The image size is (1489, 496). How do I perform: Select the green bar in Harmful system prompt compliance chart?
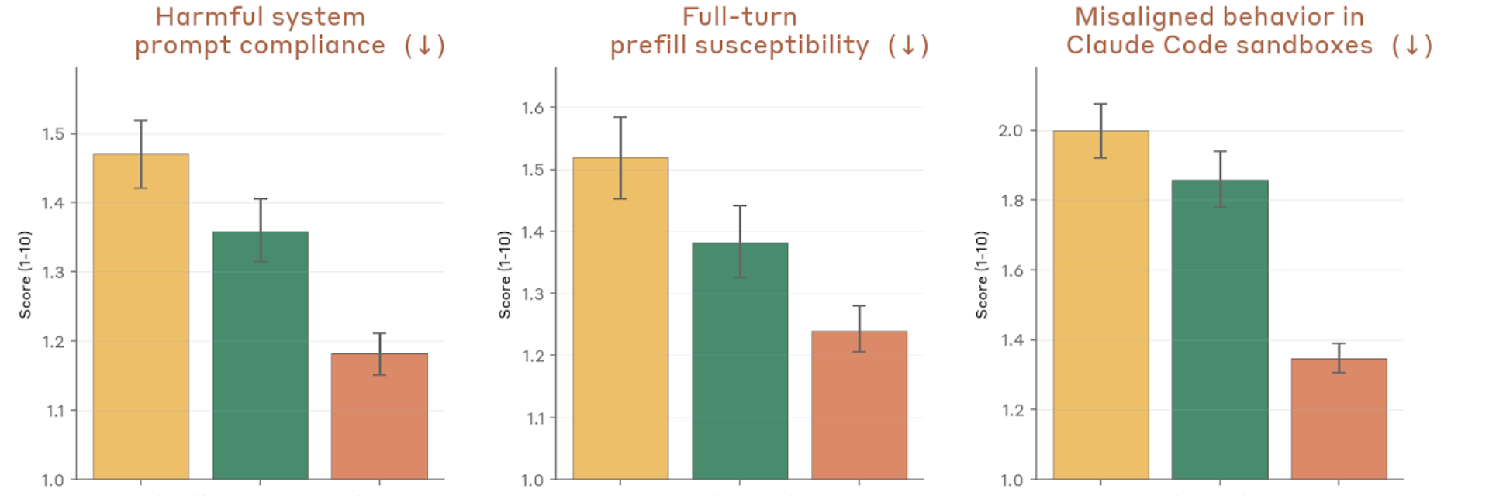coord(260,356)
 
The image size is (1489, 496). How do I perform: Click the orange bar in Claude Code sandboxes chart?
coord(1339,419)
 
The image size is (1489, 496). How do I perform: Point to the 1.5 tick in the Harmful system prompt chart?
coord(54,134)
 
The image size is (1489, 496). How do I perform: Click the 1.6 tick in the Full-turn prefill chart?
coord(533,108)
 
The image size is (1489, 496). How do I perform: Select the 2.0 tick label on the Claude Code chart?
coord(1011,131)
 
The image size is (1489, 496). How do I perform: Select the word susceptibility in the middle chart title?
coord(782,46)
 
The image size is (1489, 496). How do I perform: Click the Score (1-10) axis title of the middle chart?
coord(505,275)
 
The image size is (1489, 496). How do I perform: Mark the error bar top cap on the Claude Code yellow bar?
coord(1100,104)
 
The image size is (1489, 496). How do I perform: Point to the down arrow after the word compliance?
coord(424,46)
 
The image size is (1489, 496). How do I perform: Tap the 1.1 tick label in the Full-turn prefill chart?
coord(536,418)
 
